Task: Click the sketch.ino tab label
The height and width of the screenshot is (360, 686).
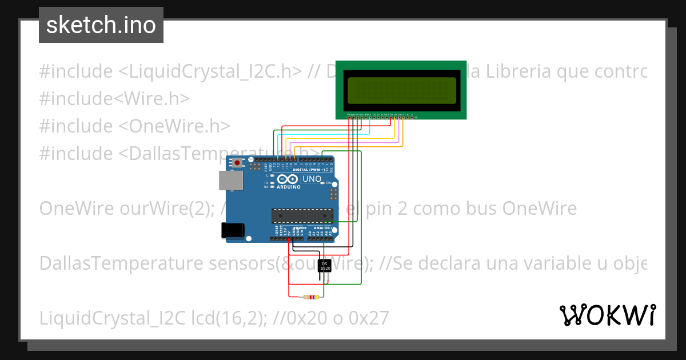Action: (x=101, y=25)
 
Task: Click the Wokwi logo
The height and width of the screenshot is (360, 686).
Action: (x=607, y=315)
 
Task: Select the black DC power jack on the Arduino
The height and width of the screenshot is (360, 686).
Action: (x=232, y=230)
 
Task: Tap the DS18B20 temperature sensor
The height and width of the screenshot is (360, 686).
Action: (x=324, y=266)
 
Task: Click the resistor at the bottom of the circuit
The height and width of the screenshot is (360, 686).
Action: (x=311, y=297)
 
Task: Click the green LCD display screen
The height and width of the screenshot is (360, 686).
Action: (x=401, y=90)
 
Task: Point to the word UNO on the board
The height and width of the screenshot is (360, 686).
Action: (x=312, y=179)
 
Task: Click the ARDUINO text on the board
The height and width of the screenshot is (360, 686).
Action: (x=289, y=187)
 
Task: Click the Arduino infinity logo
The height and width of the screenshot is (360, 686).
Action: (x=286, y=179)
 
